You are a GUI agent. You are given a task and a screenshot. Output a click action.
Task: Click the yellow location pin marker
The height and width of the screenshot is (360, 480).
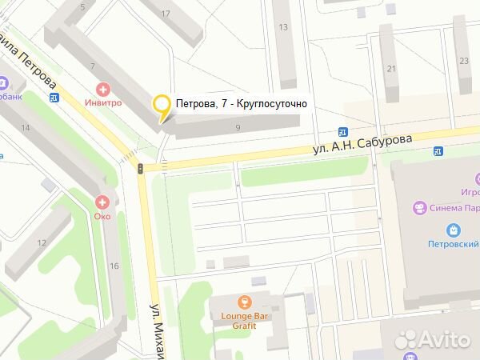[162, 106]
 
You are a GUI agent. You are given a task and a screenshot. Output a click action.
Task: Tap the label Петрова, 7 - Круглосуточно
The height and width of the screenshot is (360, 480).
[241, 104]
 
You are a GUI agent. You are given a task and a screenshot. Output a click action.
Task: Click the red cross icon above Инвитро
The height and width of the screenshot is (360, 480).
[102, 89]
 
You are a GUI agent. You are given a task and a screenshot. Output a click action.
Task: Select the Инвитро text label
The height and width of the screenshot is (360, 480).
[102, 103]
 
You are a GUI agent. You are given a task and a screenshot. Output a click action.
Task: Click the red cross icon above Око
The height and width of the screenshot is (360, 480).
[101, 203]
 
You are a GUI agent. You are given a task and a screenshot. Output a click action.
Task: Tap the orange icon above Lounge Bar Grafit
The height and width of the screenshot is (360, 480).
[245, 302]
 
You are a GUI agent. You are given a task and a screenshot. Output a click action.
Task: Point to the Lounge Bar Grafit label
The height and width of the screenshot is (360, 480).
[245, 320]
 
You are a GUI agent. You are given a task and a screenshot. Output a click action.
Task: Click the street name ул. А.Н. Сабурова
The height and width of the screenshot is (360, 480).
[362, 146]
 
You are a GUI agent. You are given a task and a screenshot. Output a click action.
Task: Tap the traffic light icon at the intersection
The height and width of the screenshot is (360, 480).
[142, 168]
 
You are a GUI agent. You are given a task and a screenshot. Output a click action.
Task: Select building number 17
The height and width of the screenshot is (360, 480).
[166, 14]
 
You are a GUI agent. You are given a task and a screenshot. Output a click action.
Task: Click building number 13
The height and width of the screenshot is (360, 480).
[283, 27]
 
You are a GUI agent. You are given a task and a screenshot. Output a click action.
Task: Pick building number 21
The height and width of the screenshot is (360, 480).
[391, 69]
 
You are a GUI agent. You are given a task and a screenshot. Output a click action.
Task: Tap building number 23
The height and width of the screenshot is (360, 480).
[465, 60]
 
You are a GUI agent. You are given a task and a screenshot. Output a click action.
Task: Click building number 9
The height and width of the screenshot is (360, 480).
[238, 127]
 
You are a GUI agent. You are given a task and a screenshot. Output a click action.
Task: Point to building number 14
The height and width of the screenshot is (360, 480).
[26, 128]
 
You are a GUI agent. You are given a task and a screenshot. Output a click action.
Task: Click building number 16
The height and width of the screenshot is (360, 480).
[114, 266]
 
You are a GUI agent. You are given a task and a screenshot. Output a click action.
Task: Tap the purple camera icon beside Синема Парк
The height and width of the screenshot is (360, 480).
[419, 208]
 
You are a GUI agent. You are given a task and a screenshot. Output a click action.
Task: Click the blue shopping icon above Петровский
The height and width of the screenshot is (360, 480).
[454, 229]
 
